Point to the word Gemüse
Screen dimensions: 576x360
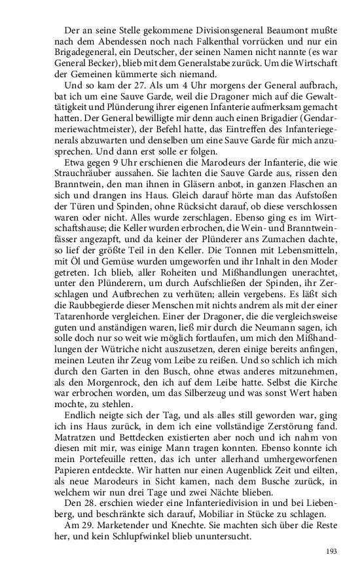pyautogui.click(x=107, y=275)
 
